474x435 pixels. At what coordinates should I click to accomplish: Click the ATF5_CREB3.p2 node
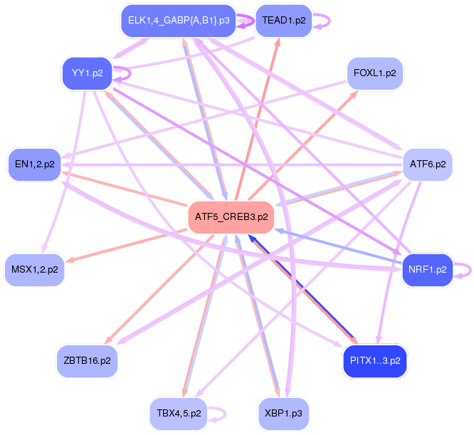(230, 217)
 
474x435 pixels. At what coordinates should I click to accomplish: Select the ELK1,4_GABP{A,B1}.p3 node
(179, 20)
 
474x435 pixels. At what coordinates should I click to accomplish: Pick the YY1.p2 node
(88, 73)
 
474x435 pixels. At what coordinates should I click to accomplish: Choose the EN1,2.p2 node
(34, 164)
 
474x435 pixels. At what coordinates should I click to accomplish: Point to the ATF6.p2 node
(428, 164)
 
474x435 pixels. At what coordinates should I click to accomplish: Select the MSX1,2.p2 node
(35, 269)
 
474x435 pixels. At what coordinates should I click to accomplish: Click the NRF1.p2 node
(427, 269)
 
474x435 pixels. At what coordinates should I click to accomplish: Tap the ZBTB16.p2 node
(87, 360)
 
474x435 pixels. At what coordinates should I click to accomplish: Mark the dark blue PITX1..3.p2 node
(375, 360)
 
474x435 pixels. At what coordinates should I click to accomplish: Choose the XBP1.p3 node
(284, 412)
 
